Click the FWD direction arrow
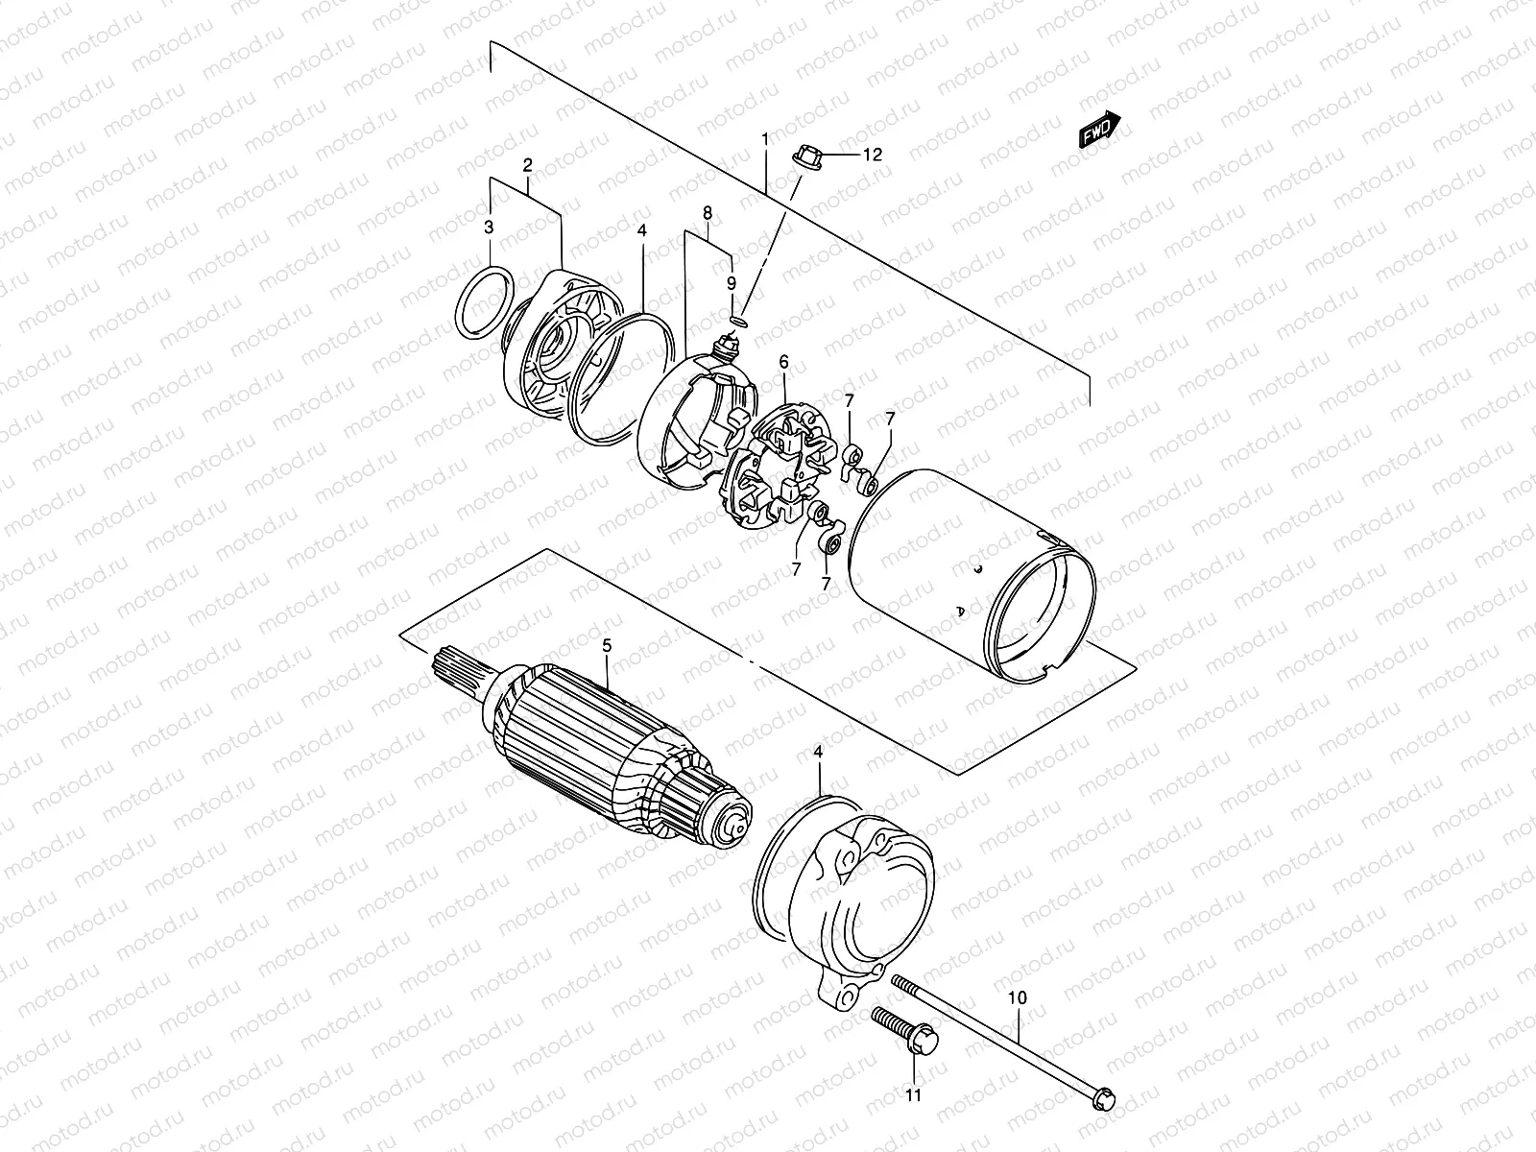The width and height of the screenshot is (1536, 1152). (1098, 129)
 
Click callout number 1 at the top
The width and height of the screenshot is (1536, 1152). (765, 140)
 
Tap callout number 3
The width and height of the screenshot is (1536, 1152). (489, 228)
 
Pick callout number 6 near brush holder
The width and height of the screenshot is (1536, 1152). (783, 362)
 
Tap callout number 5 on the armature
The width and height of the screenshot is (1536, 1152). (607, 646)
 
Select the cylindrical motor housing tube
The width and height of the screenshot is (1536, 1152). (970, 566)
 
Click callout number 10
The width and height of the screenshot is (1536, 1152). (1018, 998)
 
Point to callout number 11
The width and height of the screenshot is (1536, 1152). (913, 1095)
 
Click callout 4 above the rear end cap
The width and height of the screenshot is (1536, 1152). (818, 755)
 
